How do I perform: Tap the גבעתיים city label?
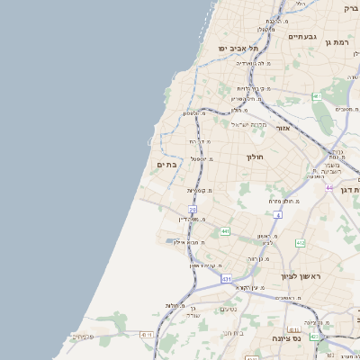[301, 37]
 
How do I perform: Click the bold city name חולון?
[254, 157]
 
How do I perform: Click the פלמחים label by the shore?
[82, 337]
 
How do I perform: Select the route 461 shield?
[317, 96]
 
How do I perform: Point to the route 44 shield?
[330, 187]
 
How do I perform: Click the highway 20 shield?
[193, 210]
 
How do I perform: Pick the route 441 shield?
[224, 231]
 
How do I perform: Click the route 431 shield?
[226, 280]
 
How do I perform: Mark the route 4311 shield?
[147, 334]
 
